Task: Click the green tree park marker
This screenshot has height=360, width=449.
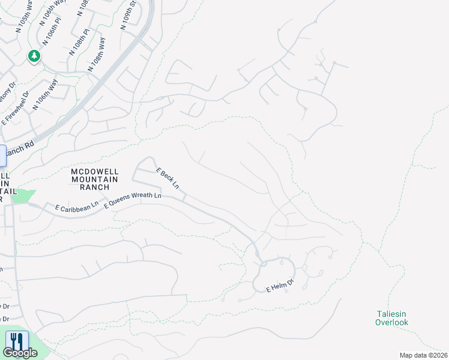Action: pos(34,56)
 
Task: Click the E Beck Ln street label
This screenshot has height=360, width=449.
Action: pos(167,178)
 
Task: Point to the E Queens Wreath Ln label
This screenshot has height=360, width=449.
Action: pos(133,200)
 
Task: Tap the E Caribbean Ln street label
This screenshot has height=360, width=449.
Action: pos(76,207)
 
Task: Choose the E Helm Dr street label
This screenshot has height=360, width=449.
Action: pos(280,287)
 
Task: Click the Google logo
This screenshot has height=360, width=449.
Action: pos(20,353)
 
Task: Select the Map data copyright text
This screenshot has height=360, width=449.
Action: pos(424,355)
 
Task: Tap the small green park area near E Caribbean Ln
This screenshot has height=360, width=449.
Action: pos(23,196)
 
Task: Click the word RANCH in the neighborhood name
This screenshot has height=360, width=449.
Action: pos(94,187)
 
